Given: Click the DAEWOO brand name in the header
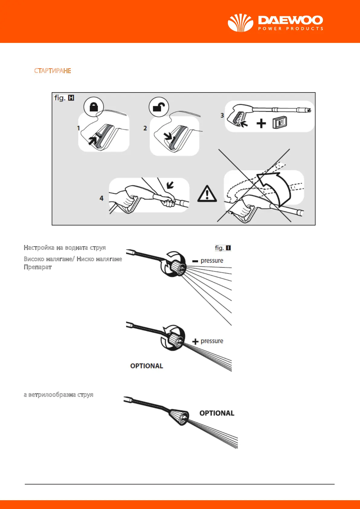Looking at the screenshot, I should pos(290,20).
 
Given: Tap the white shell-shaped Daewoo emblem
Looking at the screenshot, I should pos(240,23).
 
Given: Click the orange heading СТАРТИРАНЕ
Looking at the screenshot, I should pos(53,71).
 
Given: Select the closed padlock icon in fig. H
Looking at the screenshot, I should pos(94,107).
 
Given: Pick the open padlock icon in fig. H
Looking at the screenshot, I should pos(159,107).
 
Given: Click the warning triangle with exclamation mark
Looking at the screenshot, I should pos(207,193).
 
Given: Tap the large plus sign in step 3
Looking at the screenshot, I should pos(261,123).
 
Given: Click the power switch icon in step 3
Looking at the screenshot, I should pos(280,123).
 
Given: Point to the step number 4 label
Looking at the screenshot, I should pos(102,198).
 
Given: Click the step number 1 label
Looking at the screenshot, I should pos(79,128).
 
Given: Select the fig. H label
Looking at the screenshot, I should pos(64,98).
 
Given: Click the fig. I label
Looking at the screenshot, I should pos(223,248).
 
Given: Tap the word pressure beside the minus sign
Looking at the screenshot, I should pos(212,261).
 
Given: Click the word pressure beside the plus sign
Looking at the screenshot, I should pos(212,341).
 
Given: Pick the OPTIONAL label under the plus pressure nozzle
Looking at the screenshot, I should pos(147,366).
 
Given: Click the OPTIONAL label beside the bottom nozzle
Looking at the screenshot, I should pos(217,413).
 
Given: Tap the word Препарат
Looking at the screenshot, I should pos(38,267).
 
